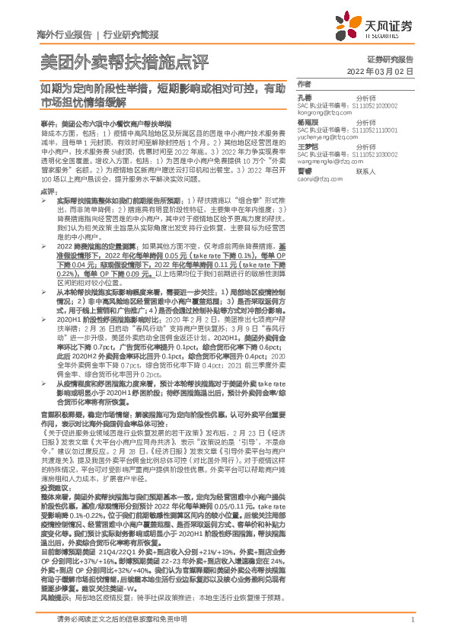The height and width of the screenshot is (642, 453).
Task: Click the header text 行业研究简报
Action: coord(131,34)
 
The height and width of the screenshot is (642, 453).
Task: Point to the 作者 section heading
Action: coord(305,83)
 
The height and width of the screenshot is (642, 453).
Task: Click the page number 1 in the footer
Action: coord(412,627)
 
